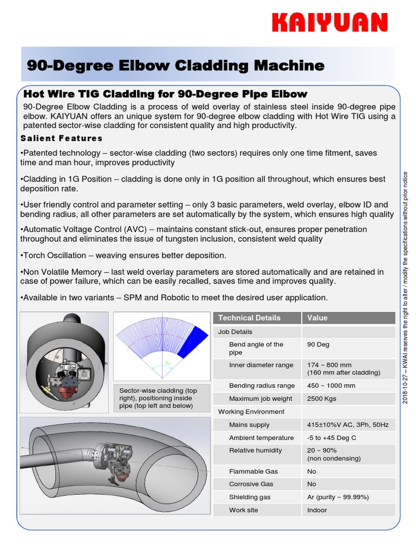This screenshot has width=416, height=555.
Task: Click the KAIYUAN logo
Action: (329, 23)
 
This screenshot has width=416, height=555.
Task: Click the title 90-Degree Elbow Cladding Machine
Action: (175, 66)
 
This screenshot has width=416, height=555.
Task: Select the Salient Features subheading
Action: (61, 138)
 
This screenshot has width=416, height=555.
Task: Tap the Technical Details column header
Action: (249, 318)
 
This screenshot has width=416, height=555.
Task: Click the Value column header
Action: (317, 318)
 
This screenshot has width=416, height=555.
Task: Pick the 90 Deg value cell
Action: (318, 345)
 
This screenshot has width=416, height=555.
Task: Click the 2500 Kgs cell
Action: (322, 399)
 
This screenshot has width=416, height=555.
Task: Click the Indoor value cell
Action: (317, 510)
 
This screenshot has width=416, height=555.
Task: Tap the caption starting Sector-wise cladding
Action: (158, 398)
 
